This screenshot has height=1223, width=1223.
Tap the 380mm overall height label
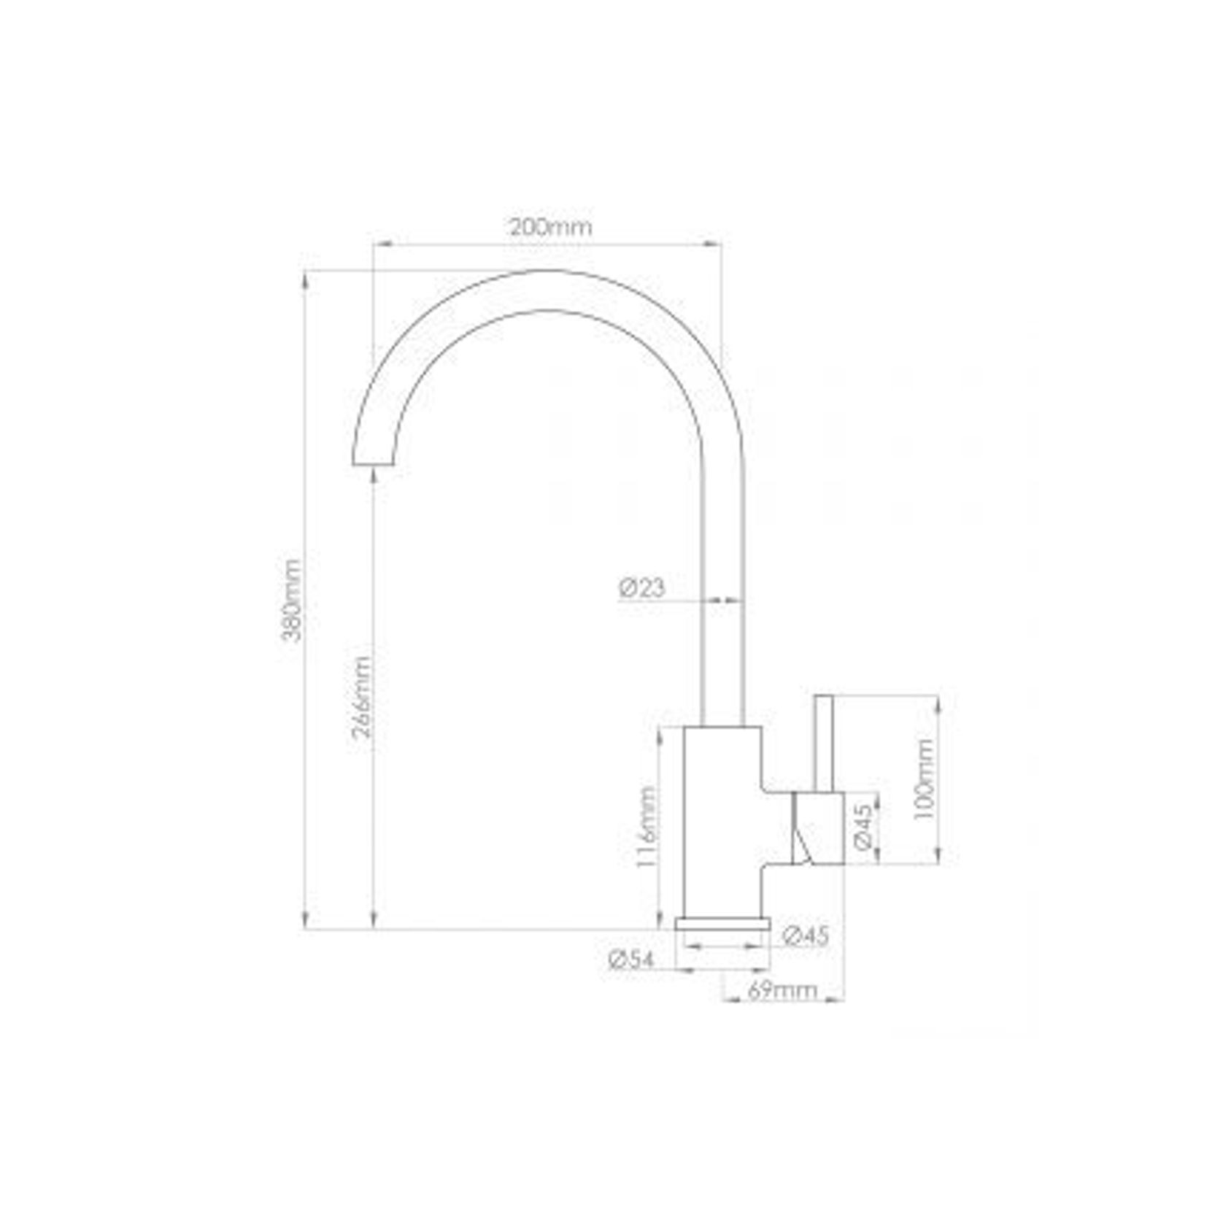coord(291,599)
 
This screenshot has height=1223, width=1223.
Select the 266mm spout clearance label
coord(362,696)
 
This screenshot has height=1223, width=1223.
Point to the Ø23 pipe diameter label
coord(642,587)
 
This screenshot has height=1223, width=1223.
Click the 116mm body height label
coord(646,826)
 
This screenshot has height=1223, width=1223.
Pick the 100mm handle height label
coord(924,779)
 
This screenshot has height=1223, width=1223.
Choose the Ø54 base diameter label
coord(631,960)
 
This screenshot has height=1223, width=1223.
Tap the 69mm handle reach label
coord(782,989)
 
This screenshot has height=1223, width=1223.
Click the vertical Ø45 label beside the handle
coord(862,827)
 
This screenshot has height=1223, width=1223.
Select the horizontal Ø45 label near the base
coord(806,935)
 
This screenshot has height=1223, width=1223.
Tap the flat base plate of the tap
coord(722,924)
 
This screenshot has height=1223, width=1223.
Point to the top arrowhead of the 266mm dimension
coord(374,475)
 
